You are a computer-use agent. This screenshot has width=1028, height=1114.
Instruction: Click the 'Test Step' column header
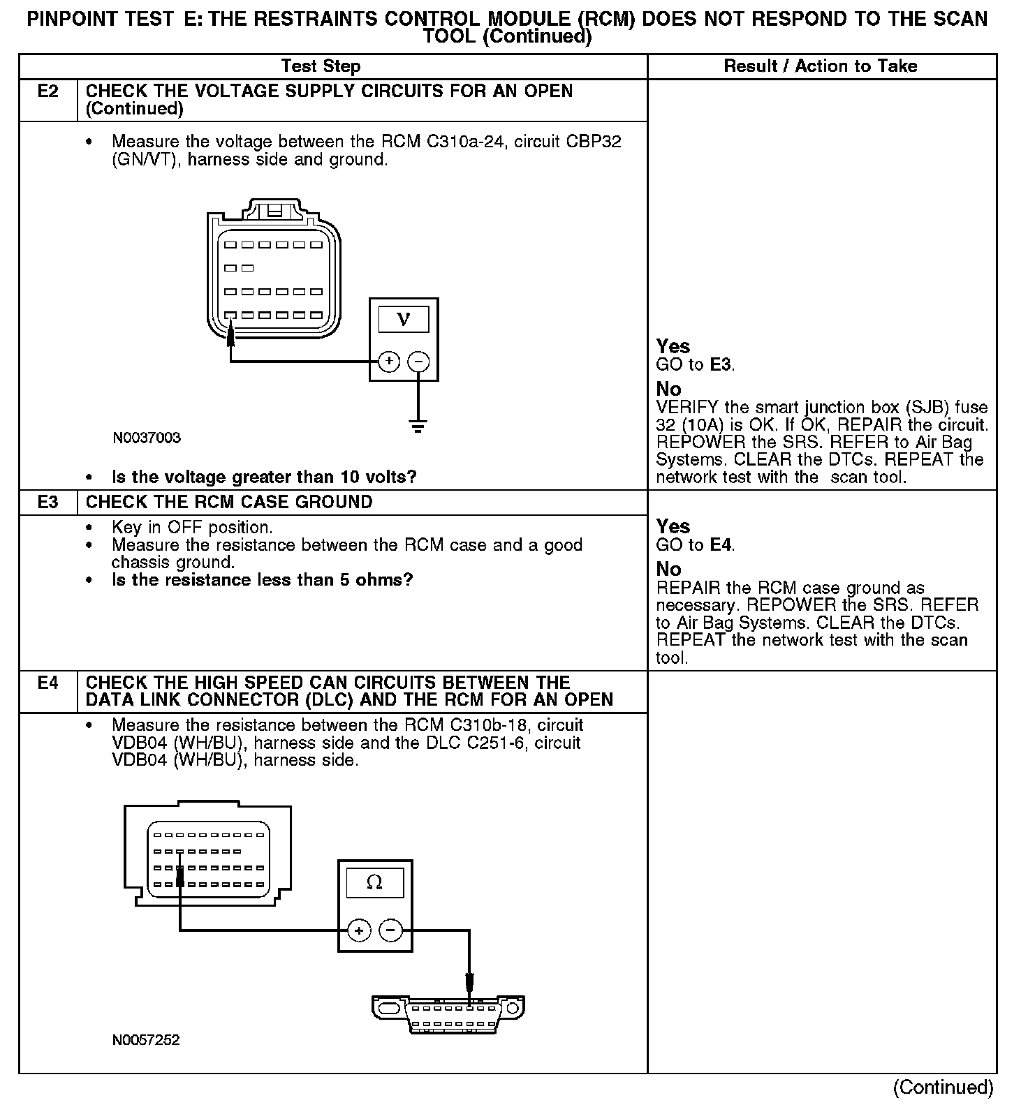[x=321, y=66]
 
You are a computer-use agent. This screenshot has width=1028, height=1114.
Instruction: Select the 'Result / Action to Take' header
[x=820, y=66]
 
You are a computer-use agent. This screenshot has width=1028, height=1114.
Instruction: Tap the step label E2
[x=47, y=91]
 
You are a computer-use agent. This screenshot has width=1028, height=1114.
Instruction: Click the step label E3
[x=47, y=502]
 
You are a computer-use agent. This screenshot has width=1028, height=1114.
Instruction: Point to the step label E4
[x=47, y=683]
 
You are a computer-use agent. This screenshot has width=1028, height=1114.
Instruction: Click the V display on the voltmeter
[x=403, y=320]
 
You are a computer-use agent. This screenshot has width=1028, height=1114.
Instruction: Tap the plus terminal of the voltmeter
[x=389, y=362]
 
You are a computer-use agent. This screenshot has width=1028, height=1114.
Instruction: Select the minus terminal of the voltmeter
[x=418, y=362]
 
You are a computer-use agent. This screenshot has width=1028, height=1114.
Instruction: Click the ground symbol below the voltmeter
[x=418, y=426]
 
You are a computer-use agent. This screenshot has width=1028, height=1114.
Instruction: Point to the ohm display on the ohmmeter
[x=374, y=883]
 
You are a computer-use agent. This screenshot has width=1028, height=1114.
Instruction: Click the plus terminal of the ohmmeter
[x=359, y=930]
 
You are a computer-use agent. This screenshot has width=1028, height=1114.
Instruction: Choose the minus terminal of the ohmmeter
[x=390, y=930]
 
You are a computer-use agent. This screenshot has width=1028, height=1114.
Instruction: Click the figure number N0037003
[x=147, y=438]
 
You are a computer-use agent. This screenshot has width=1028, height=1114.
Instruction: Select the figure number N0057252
[x=146, y=1039]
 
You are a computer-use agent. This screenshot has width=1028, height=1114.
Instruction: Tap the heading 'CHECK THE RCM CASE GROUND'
[x=229, y=502]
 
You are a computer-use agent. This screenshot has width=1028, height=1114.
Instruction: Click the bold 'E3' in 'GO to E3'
[x=721, y=364]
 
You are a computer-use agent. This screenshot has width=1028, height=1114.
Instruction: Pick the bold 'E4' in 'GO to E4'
[x=721, y=544]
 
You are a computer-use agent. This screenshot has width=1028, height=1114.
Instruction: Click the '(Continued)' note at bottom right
[x=943, y=1087]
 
